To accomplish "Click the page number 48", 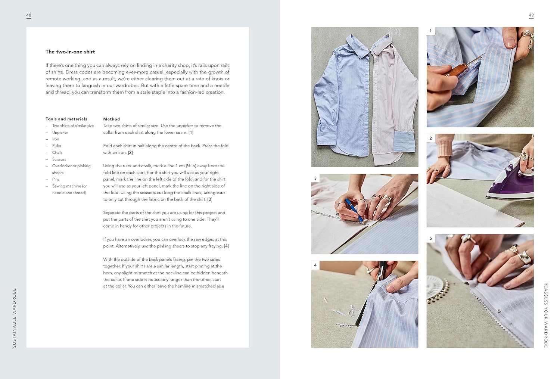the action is [x=29, y=15].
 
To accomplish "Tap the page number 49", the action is [x=531, y=15].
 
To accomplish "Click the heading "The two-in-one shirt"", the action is [x=70, y=52].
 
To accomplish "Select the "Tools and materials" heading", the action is [x=66, y=119].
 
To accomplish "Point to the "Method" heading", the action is [x=112, y=119].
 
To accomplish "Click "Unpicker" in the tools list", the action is [x=60, y=133].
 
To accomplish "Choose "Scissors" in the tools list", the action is [x=59, y=159].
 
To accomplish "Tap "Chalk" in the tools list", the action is [x=57, y=152].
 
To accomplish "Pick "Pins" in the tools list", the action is [x=56, y=179].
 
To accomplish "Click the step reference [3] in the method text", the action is [x=210, y=199].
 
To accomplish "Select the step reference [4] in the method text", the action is [x=226, y=246].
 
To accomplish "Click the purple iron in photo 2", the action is [x=510, y=180].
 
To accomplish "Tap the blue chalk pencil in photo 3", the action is [x=355, y=210].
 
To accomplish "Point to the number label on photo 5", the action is [x=430, y=238].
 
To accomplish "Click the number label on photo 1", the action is [x=430, y=31].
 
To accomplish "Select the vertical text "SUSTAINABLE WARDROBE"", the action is [x=14, y=318].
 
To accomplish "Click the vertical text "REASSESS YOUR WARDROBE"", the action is [x=546, y=315].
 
